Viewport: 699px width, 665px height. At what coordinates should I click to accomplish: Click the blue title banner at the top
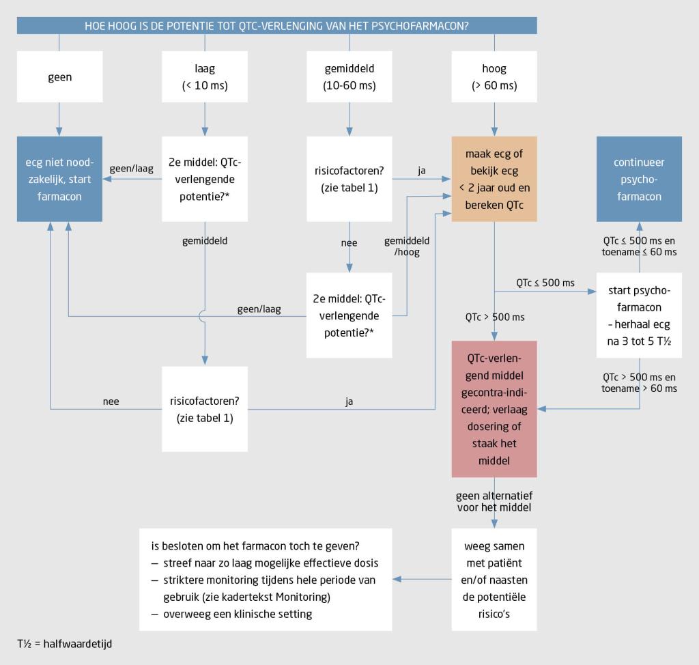click(x=276, y=25)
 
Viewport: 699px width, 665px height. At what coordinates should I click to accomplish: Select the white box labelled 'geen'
click(x=59, y=77)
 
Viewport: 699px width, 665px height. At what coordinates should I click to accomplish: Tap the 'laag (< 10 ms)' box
click(x=204, y=77)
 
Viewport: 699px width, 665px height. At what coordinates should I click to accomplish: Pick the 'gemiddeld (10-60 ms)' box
click(x=349, y=77)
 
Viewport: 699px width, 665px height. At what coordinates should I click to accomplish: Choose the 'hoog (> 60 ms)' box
click(x=494, y=77)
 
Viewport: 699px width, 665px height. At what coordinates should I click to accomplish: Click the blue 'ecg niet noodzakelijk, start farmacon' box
click(x=59, y=179)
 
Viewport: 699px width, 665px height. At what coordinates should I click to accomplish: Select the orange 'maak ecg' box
click(x=494, y=179)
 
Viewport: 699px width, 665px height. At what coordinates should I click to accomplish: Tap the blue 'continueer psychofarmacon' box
click(x=639, y=179)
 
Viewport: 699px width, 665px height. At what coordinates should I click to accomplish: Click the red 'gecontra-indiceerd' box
click(x=494, y=408)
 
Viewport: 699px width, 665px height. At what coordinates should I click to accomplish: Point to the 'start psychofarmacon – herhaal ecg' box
click(x=639, y=315)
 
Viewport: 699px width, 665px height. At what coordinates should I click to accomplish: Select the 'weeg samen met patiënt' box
click(x=494, y=579)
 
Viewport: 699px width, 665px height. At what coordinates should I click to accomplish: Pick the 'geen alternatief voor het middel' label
click(x=494, y=502)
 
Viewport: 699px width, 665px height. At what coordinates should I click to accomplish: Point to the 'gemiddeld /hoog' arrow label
click(x=407, y=246)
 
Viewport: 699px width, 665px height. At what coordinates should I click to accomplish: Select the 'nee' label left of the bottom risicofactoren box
click(x=111, y=401)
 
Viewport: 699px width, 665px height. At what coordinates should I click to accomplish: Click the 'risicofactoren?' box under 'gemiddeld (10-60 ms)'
click(x=349, y=179)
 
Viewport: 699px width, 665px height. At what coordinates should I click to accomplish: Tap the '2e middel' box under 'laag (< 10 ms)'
click(x=204, y=179)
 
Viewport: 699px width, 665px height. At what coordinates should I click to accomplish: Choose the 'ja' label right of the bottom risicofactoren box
click(x=349, y=401)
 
